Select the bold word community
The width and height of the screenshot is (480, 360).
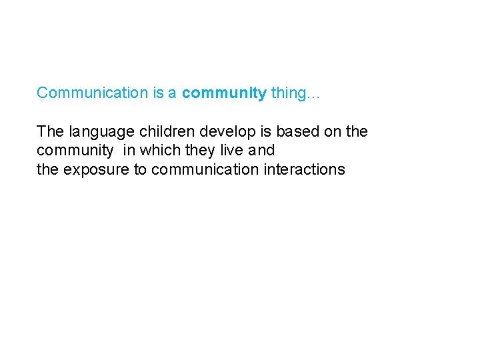point(224,93)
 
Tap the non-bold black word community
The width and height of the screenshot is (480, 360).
point(75,151)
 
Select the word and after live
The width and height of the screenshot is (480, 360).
point(262,151)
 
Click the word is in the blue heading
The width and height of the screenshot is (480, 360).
point(158,93)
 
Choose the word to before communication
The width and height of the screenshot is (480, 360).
point(140,169)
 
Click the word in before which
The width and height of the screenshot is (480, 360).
point(127,151)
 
